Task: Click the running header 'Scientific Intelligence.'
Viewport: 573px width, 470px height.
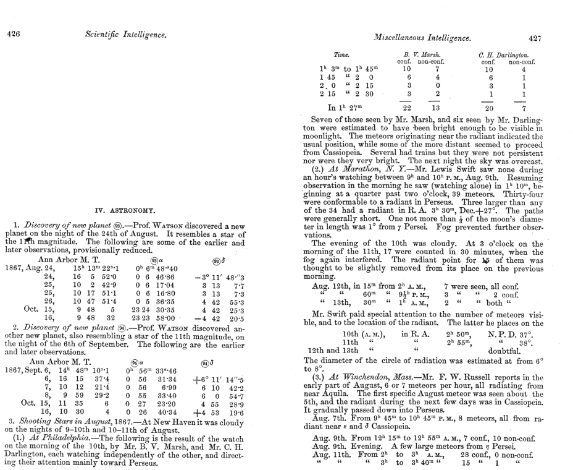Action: tap(125, 35)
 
